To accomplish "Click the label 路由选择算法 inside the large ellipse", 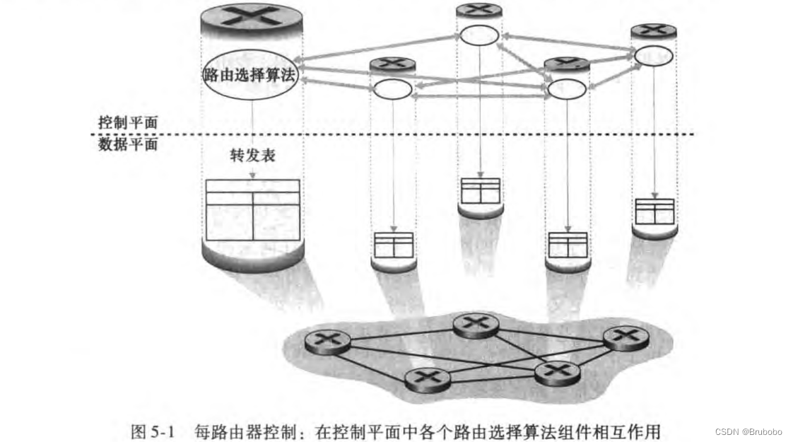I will click(x=249, y=76).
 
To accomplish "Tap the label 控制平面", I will click(x=127, y=122).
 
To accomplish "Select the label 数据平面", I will click(x=127, y=145).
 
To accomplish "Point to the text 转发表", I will click(x=252, y=156).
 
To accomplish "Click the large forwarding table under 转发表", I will click(x=252, y=209).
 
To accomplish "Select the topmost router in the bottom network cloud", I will click(x=476, y=325).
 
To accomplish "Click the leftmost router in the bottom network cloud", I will click(x=328, y=342).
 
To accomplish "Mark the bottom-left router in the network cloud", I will click(x=427, y=380).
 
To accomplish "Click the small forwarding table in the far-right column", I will click(x=654, y=211).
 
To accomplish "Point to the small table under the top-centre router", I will click(x=480, y=190).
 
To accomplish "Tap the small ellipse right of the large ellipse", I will click(x=392, y=89).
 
